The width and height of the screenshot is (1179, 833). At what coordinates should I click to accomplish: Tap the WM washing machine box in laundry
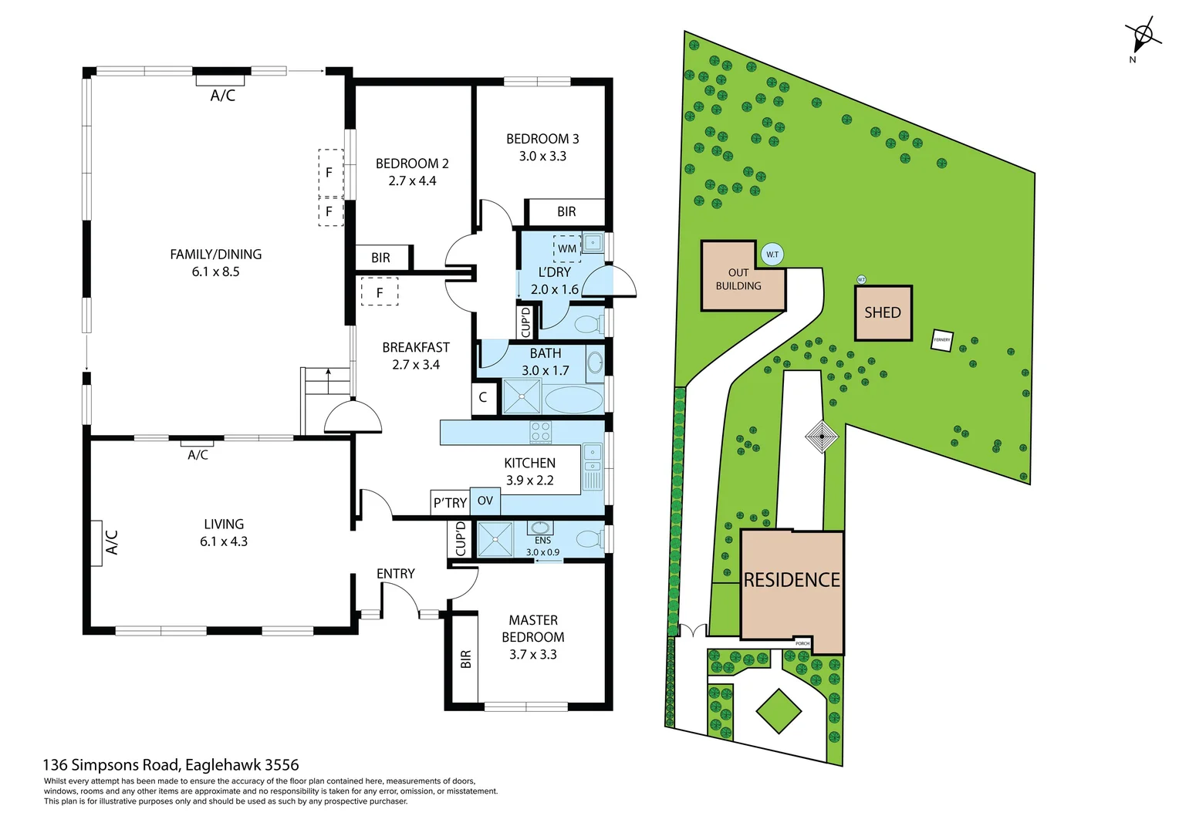[567, 248]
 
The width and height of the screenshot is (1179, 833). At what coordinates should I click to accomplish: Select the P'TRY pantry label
[450, 502]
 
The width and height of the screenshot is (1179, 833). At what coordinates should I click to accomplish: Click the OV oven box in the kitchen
[485, 501]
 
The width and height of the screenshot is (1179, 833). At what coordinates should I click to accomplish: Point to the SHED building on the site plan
[883, 312]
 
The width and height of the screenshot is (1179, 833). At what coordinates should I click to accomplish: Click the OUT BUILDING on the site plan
[738, 279]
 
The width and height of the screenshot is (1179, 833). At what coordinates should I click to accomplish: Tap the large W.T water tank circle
[772, 254]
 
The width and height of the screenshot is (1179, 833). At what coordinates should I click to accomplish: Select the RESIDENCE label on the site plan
[792, 580]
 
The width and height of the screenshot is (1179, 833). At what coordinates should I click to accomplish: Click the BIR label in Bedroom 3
[566, 211]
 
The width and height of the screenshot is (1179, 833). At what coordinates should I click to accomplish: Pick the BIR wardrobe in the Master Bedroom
[465, 659]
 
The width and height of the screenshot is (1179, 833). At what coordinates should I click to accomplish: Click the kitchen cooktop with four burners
[541, 432]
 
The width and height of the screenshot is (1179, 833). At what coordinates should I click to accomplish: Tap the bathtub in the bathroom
[573, 400]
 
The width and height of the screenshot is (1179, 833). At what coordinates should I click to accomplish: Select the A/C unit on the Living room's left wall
[96, 543]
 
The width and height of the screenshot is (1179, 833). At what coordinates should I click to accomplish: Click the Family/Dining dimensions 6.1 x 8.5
[215, 271]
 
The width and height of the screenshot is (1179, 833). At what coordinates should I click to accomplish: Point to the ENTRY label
[395, 573]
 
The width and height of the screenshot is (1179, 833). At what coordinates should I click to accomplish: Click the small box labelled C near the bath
[483, 398]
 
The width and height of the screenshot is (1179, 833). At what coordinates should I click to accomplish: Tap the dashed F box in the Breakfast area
[380, 292]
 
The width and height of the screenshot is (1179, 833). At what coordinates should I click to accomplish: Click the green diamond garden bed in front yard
[779, 710]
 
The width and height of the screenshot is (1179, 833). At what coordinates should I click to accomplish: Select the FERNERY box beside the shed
[941, 340]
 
